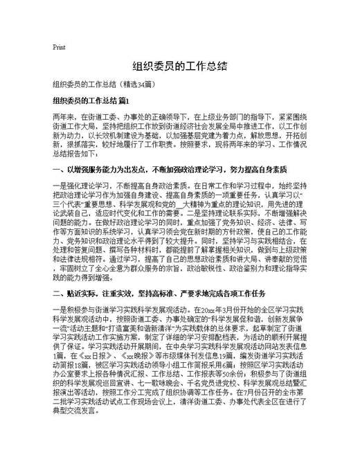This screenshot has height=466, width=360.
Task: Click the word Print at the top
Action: tap(59, 48)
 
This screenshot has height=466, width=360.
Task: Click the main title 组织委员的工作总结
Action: tap(180, 68)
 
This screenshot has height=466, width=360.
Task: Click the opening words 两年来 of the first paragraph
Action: tap(64, 118)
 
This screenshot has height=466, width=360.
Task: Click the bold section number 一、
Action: tap(58, 169)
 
